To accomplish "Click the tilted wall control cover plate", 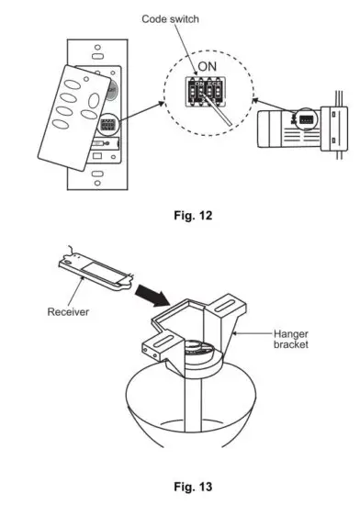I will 72,121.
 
